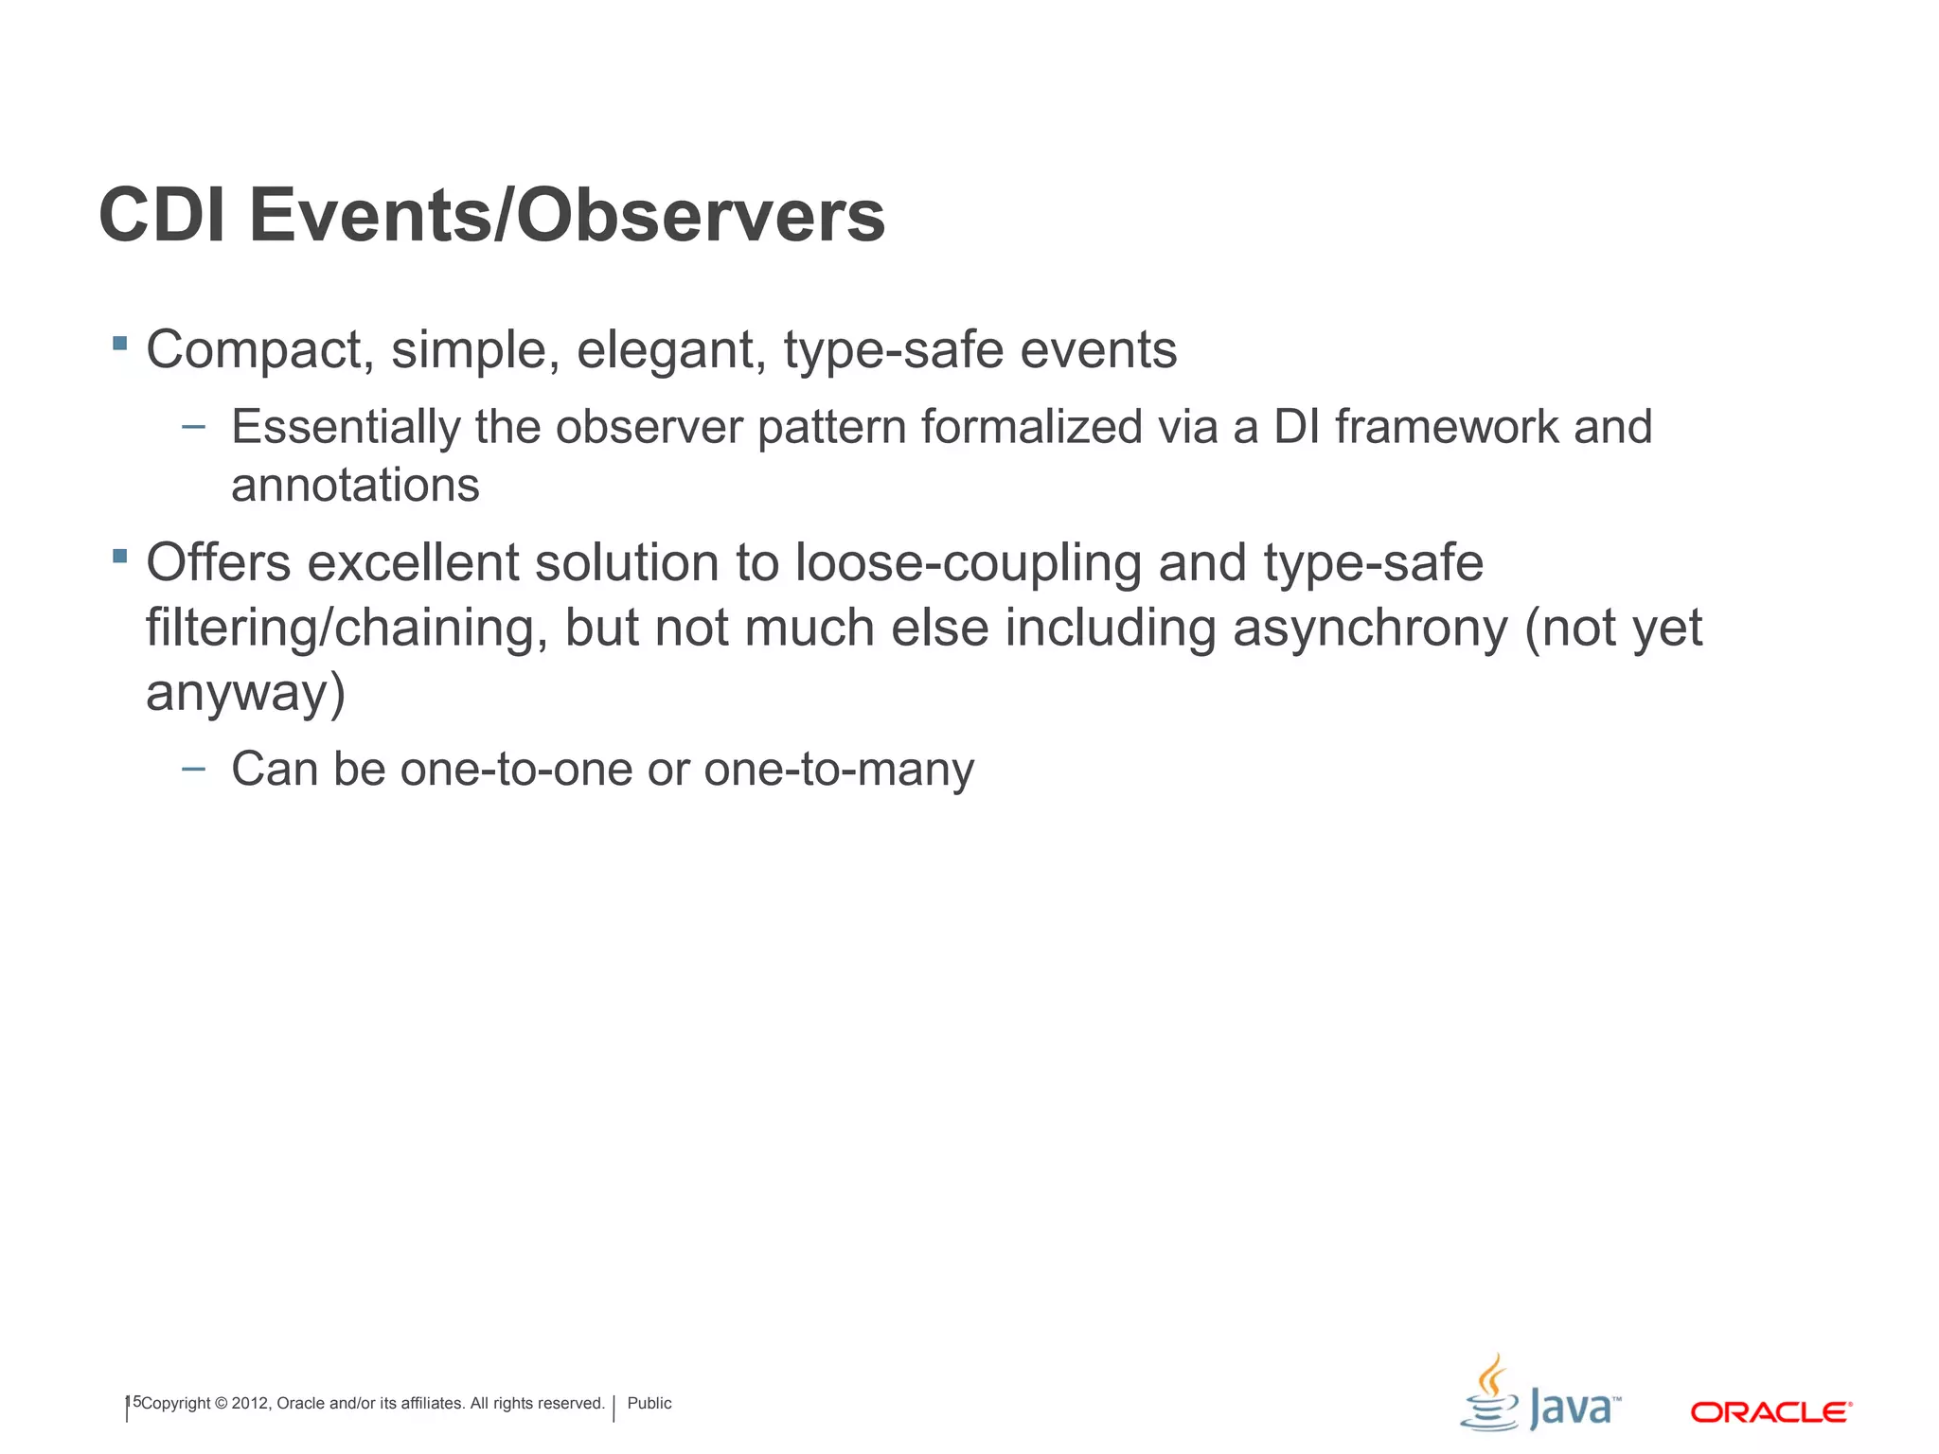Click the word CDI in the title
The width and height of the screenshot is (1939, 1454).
[x=162, y=216]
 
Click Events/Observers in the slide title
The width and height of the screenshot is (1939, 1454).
[x=566, y=216]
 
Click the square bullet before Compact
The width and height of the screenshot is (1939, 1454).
[x=119, y=343]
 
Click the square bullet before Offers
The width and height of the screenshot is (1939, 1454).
[x=119, y=556]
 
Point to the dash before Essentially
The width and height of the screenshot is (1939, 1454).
[x=193, y=427]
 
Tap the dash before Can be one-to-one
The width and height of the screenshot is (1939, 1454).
[x=193, y=769]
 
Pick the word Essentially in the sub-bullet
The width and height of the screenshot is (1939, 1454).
[x=345, y=427]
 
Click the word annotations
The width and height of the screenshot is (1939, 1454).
[x=355, y=486]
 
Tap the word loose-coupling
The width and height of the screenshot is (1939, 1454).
[x=968, y=563]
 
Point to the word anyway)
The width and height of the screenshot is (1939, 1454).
[x=245, y=693]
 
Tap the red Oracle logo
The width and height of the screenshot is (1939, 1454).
[x=1770, y=1412]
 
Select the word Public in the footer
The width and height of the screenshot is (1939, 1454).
[x=649, y=1403]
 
